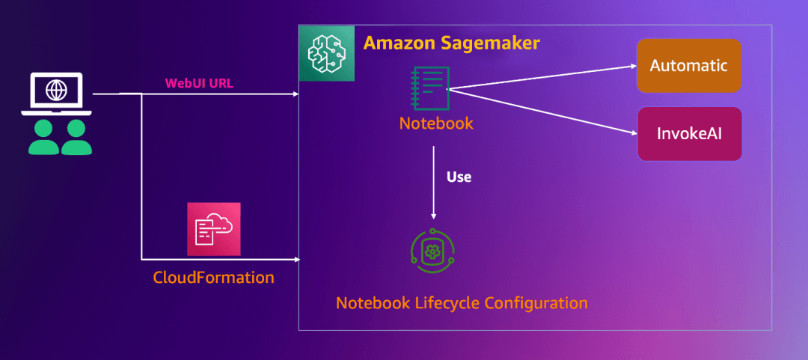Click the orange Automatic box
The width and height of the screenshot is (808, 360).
pos(688,66)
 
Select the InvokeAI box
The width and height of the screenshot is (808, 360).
pos(688,134)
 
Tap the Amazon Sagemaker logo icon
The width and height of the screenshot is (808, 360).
pos(326,53)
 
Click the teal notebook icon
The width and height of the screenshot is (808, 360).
pos(431,89)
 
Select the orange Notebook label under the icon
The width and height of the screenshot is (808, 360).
pos(436,123)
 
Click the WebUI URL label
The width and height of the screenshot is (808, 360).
pos(199,83)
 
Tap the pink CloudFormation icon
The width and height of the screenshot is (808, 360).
pos(214,229)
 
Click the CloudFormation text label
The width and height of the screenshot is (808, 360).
pos(214,278)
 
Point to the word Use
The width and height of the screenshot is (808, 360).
pos(459,178)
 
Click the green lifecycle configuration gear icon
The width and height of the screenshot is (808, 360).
pos(432,252)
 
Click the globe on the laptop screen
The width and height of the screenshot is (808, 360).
pos(55,89)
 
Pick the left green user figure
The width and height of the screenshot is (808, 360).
pos(43,137)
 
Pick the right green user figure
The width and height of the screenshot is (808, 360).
pos(76,137)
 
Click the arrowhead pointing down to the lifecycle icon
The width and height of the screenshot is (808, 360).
pos(433,216)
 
